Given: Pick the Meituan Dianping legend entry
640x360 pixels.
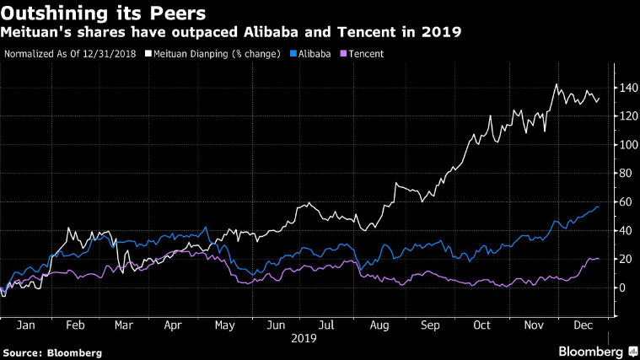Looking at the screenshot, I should click(x=216, y=53).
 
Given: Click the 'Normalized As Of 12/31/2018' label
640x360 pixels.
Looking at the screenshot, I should click(x=70, y=53).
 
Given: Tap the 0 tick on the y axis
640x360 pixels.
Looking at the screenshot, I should click(x=624, y=287).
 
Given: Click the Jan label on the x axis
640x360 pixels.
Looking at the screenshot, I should click(x=25, y=324).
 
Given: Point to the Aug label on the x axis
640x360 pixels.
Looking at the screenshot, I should click(x=380, y=324).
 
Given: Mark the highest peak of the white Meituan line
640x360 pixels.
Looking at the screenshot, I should click(x=556, y=84).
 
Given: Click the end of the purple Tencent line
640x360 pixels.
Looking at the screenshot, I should click(x=599, y=259).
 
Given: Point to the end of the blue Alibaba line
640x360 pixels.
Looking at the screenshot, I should click(x=599, y=207).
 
